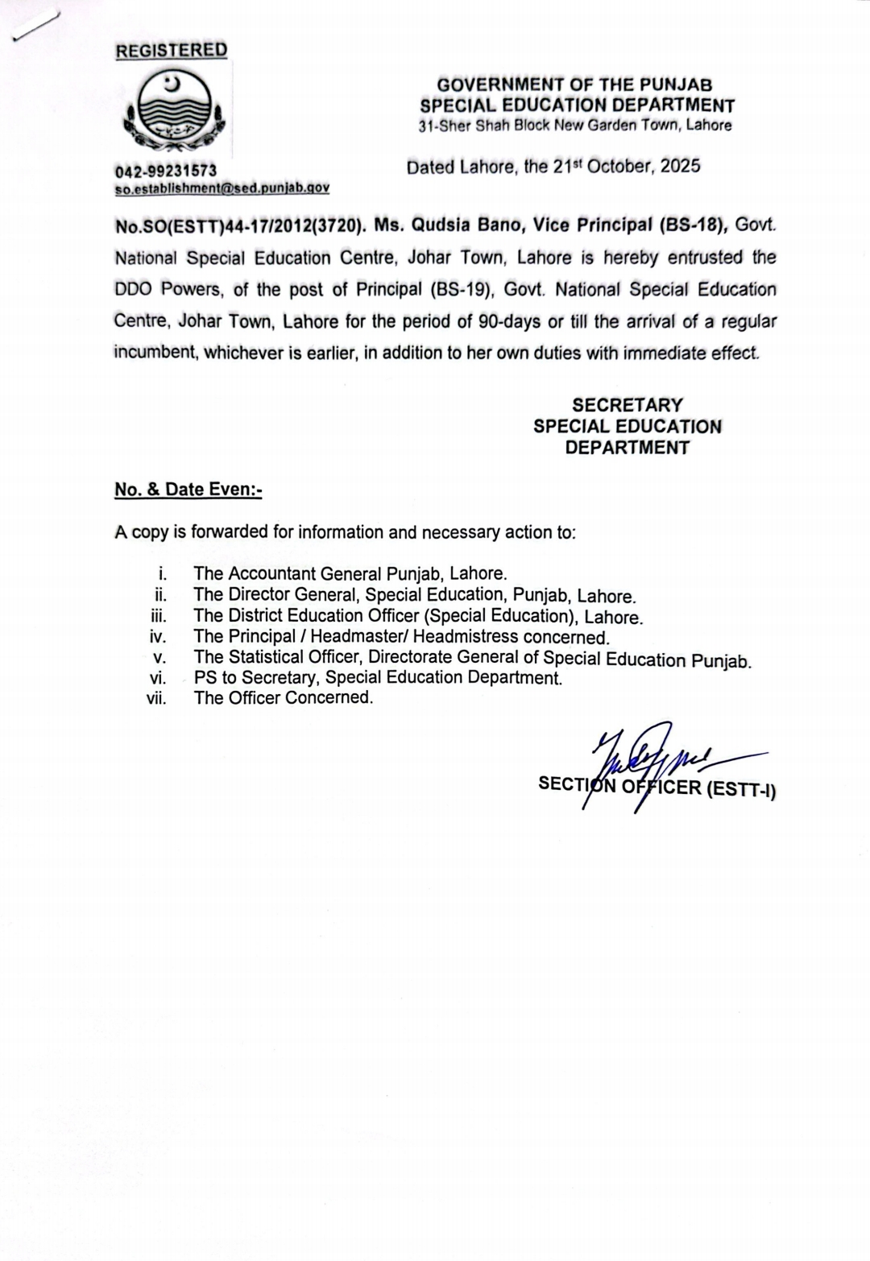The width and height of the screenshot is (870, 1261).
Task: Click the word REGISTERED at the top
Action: tap(171, 50)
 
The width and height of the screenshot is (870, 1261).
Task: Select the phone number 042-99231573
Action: tap(166, 171)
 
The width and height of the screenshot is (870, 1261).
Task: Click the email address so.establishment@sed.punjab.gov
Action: tap(222, 188)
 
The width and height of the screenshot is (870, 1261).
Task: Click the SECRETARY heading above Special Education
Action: tap(628, 405)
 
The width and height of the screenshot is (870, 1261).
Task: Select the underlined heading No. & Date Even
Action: tap(188, 490)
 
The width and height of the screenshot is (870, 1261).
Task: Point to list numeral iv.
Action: tap(158, 637)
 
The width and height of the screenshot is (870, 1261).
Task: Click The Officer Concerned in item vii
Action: tap(284, 698)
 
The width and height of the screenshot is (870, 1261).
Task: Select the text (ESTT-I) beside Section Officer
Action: tap(741, 790)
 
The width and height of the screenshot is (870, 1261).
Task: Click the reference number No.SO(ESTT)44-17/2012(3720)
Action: tap(236, 226)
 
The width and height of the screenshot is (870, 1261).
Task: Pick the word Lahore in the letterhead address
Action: tap(709, 126)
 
